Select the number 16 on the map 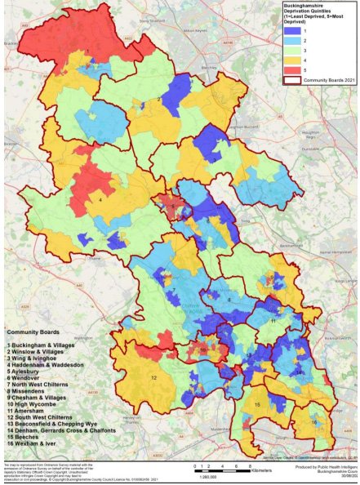(x=315, y=422)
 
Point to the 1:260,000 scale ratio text (x=207, y=478)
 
